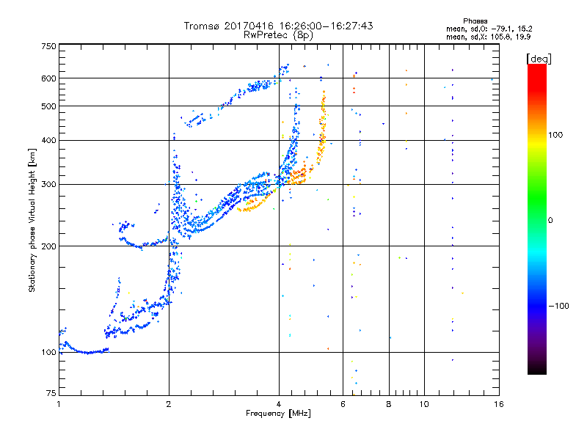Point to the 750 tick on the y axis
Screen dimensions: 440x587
[x=48, y=45]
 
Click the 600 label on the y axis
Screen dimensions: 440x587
[x=48, y=78]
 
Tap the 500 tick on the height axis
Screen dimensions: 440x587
[x=48, y=106]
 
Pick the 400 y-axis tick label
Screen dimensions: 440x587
[x=48, y=140]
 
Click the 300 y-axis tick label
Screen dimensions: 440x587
[x=48, y=184]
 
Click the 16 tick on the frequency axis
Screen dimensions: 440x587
[x=499, y=404]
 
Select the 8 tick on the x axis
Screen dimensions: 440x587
[x=389, y=404]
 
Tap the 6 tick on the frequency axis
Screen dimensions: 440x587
[x=343, y=404]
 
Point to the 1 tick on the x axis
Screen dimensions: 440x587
[x=59, y=404]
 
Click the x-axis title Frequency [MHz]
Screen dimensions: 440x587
[x=278, y=414]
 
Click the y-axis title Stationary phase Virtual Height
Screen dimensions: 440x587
[x=32, y=220]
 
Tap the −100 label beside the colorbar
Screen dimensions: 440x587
[x=559, y=306]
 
